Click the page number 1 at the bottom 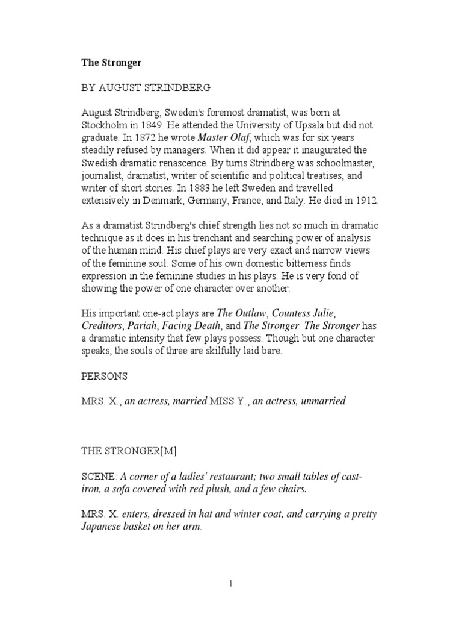tap(231, 584)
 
